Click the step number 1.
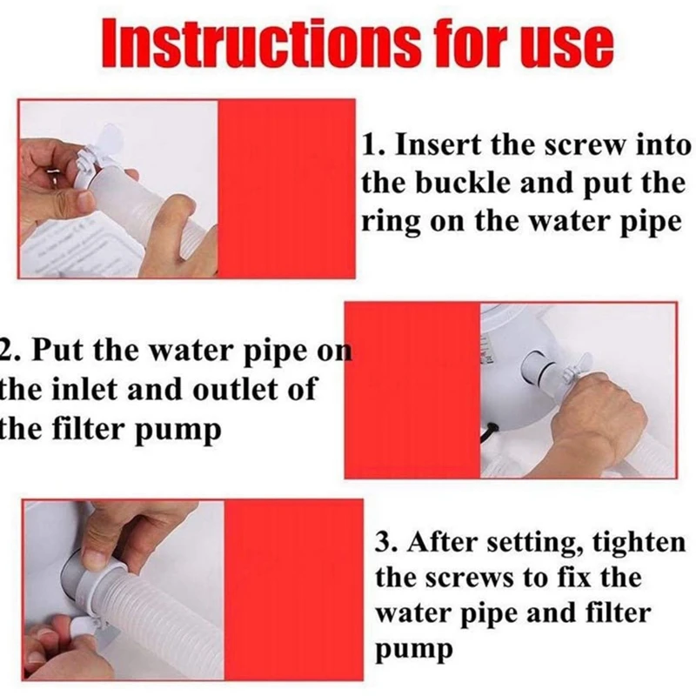tap(371, 145)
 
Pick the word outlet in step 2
tap(237, 389)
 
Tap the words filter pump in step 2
tap(137, 430)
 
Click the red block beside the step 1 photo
tap(286, 190)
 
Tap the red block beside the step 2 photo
tap(412, 390)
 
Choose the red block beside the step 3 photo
tap(293, 590)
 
